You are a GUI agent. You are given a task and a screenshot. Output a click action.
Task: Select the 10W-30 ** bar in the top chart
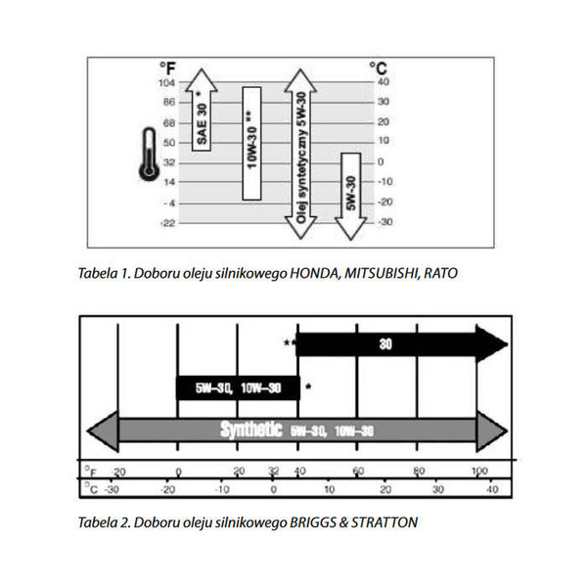251,143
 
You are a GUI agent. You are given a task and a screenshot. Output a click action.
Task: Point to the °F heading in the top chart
168,68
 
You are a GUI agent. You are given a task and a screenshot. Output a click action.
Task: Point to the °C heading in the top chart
378,68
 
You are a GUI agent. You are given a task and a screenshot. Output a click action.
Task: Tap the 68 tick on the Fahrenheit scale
168,122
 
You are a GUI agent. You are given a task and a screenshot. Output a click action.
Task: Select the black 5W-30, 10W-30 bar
237,387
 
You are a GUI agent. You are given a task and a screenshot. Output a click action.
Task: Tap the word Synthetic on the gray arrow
251,429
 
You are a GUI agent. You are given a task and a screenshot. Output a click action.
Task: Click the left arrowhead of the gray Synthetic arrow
102,429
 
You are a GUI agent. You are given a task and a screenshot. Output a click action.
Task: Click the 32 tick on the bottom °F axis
274,472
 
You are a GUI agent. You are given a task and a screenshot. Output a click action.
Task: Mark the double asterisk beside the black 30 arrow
289,343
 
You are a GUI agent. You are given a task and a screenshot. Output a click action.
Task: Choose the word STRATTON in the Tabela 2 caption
387,522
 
